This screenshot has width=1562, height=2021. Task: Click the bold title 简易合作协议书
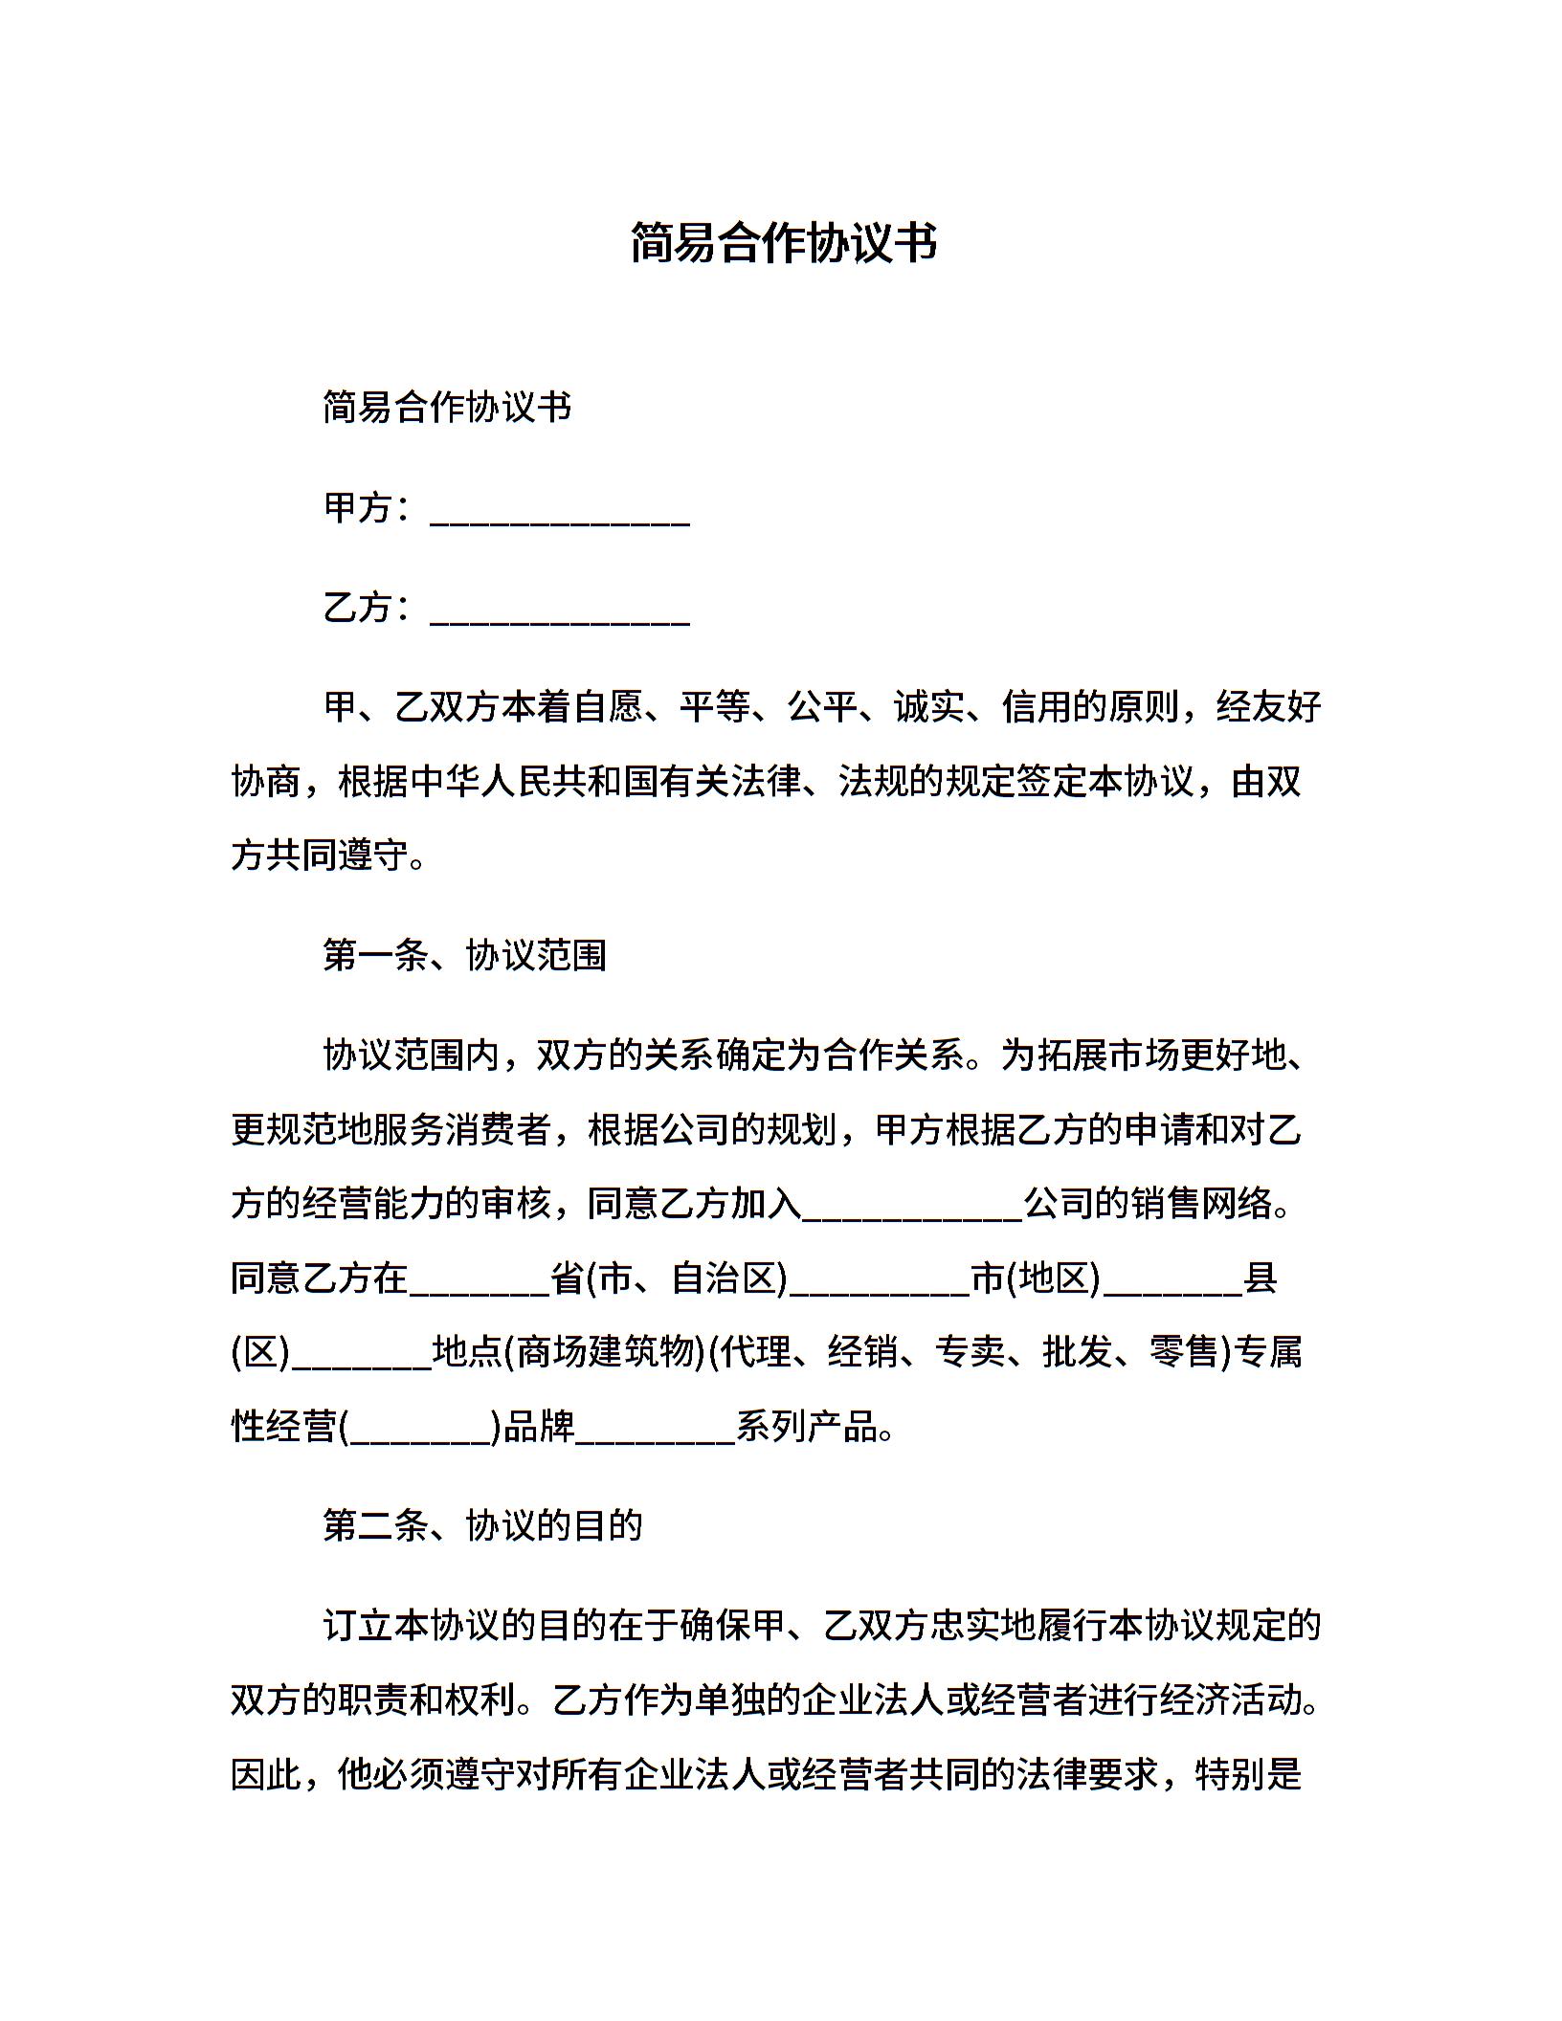(783, 242)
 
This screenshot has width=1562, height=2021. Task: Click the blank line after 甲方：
(560, 517)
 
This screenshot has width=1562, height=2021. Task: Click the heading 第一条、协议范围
(464, 955)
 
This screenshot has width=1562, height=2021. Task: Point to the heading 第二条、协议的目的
(482, 1525)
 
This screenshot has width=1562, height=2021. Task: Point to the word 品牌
(539, 1427)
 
